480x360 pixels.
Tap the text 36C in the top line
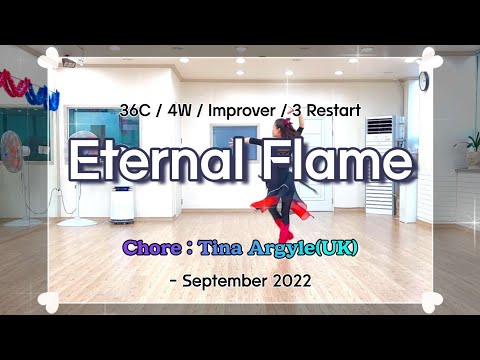point(134,108)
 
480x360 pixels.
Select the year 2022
point(291,281)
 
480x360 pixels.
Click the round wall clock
point(423,81)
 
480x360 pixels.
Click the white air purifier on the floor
point(122,204)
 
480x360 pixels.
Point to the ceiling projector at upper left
point(70,62)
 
